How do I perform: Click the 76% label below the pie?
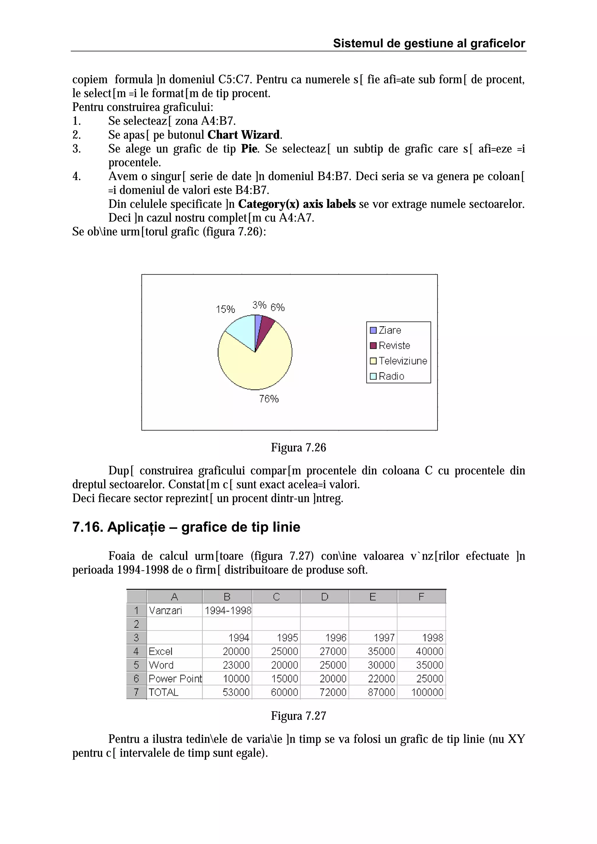point(268,399)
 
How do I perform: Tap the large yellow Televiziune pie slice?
point(257,368)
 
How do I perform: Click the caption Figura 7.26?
point(298,447)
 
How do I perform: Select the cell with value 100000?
point(427,692)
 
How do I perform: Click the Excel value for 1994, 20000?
point(236,651)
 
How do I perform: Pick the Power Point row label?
point(175,679)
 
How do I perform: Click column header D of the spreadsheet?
point(324,597)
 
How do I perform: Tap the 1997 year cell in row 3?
point(384,638)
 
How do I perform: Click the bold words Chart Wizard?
point(243,135)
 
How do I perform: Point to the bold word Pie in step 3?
point(249,149)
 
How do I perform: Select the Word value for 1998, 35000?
point(429,665)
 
